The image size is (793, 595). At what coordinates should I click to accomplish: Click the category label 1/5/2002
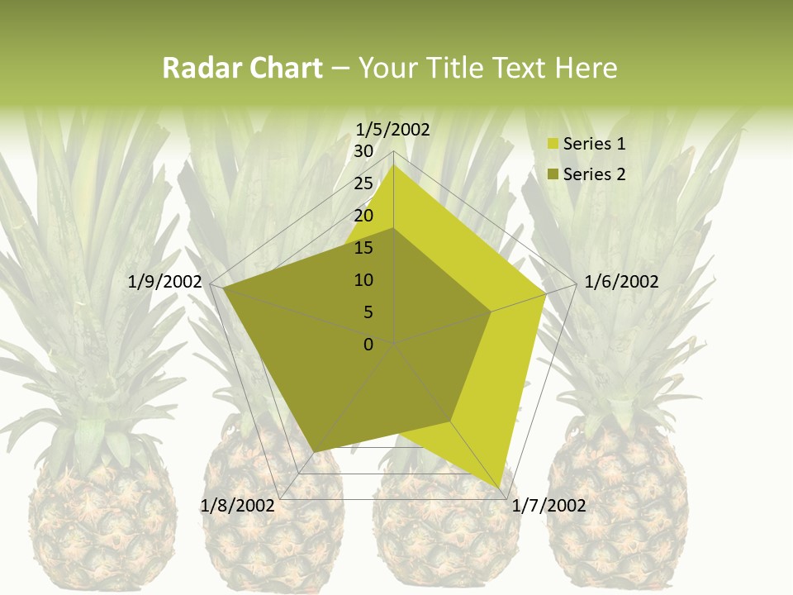pyautogui.click(x=393, y=129)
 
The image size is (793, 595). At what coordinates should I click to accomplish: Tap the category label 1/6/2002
pyautogui.click(x=621, y=282)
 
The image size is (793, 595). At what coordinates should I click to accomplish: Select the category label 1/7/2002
pyautogui.click(x=548, y=506)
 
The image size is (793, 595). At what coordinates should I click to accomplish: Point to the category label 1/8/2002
pyautogui.click(x=238, y=506)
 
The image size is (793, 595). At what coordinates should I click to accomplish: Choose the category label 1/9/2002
pyautogui.click(x=165, y=282)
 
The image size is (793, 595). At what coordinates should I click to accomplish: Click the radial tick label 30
pyautogui.click(x=363, y=151)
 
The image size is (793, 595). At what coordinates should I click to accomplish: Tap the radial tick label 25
pyautogui.click(x=363, y=183)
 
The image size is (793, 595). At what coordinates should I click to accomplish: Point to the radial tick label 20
pyautogui.click(x=363, y=216)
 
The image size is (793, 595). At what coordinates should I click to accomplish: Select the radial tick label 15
pyautogui.click(x=363, y=248)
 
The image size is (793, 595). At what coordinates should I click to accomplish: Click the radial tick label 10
pyautogui.click(x=363, y=280)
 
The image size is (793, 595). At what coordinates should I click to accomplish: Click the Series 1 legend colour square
pyautogui.click(x=553, y=145)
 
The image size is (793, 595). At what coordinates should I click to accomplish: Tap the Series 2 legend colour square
pyautogui.click(x=553, y=174)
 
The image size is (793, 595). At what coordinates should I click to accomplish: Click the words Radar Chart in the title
pyautogui.click(x=242, y=69)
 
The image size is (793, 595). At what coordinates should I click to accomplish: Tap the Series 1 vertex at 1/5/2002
pyautogui.click(x=394, y=164)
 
